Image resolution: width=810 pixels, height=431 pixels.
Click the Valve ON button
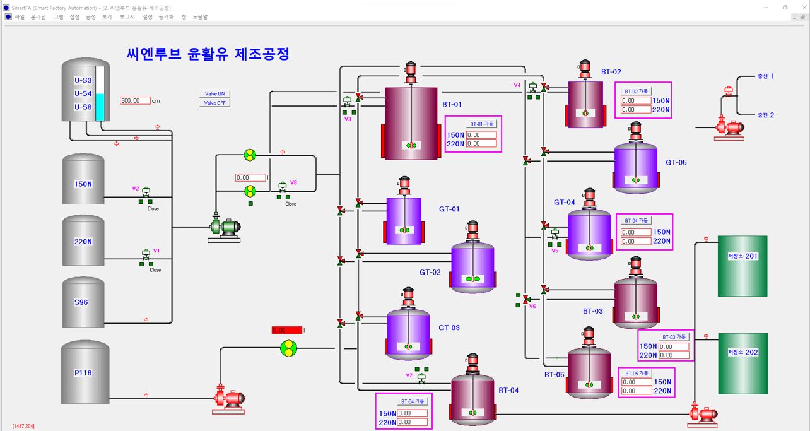tap(214, 93)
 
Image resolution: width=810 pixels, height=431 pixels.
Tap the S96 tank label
tap(81, 302)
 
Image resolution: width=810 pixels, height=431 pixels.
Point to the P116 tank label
tap(83, 373)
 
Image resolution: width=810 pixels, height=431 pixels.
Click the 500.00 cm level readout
tap(135, 100)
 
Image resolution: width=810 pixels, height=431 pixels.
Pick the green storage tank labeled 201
tap(742, 266)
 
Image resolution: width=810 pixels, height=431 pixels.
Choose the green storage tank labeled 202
tap(742, 363)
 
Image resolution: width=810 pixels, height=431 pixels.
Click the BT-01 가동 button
tap(483, 124)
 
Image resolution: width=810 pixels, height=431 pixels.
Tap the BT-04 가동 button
tap(413, 401)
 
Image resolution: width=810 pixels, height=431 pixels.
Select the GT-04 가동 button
tap(636, 221)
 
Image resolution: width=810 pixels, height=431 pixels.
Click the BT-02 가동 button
tap(637, 91)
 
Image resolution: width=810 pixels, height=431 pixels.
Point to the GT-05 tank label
tap(676, 162)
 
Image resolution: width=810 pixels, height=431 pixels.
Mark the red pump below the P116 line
tap(228, 399)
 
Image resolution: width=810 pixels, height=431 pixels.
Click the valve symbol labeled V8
tap(283, 187)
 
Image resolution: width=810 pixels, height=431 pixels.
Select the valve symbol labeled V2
tap(146, 192)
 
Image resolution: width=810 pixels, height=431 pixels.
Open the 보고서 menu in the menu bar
tap(127, 17)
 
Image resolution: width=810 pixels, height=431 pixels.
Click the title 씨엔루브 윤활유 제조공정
tap(208, 54)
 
